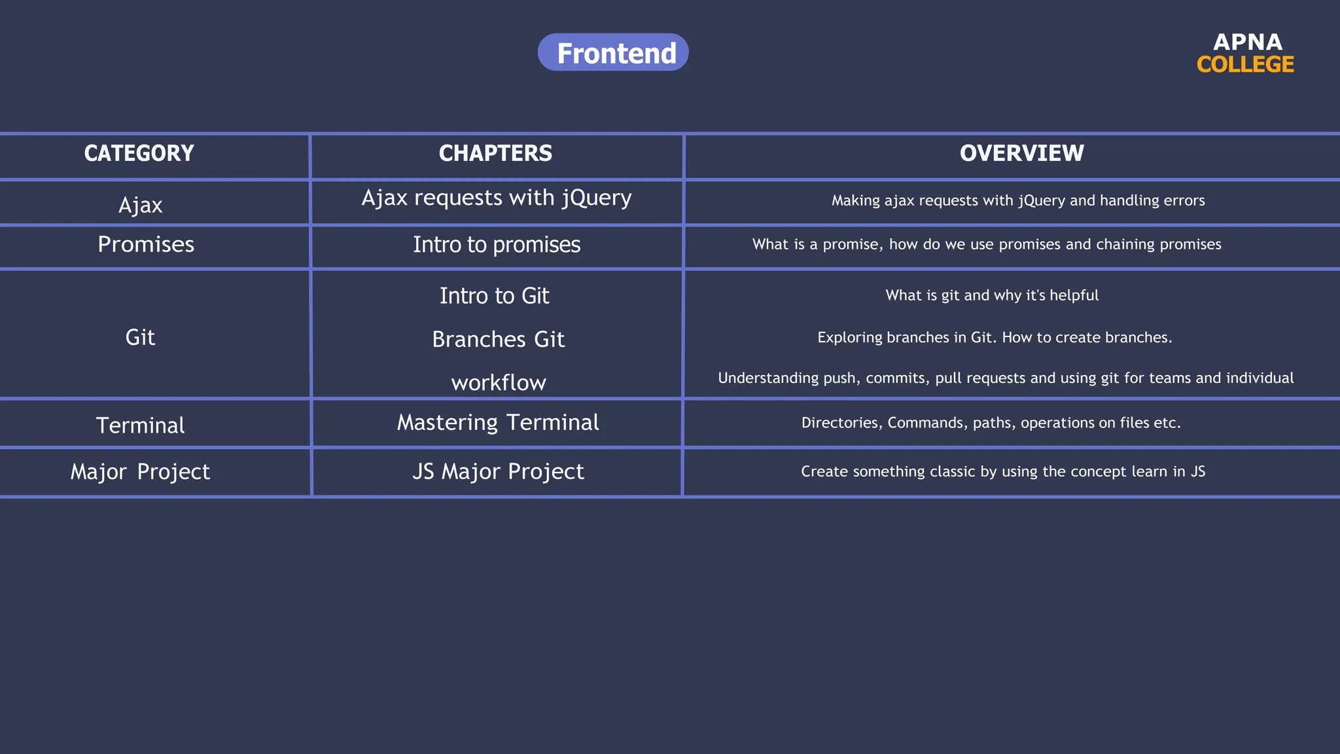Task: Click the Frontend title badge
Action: coord(613,52)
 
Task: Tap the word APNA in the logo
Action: coord(1247,42)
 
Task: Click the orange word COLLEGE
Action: coord(1245,65)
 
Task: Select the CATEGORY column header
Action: coord(139,153)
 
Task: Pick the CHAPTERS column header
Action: coord(495,153)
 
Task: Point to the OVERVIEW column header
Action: coord(1021,153)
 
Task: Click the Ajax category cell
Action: coord(140,205)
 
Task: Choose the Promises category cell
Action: coord(146,244)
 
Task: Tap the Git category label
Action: coord(140,337)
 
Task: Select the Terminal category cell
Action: coord(140,425)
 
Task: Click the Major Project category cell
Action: coord(140,471)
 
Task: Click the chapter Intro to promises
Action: coord(497,244)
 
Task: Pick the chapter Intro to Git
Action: coord(494,296)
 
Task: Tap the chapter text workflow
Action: coord(499,383)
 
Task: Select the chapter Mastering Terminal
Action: coord(498,422)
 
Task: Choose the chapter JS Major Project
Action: coord(498,471)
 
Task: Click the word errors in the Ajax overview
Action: coord(1185,200)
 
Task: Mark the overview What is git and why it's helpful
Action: coord(992,295)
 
